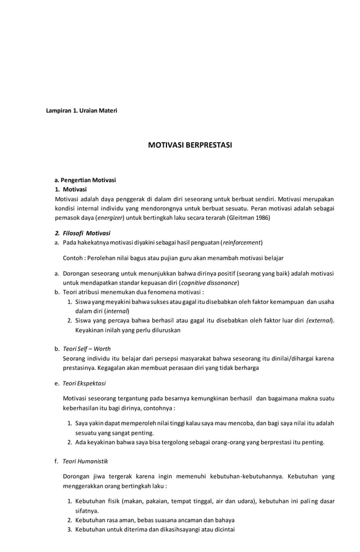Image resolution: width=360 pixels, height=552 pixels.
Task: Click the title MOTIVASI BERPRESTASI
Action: coord(190,145)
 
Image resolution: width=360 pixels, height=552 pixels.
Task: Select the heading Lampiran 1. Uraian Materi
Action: coord(81,111)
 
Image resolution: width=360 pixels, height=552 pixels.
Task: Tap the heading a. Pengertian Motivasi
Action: coord(85,180)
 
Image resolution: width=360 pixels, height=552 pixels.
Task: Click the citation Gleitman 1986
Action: coord(248,217)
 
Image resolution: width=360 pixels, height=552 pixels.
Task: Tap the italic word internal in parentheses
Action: coord(116,311)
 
